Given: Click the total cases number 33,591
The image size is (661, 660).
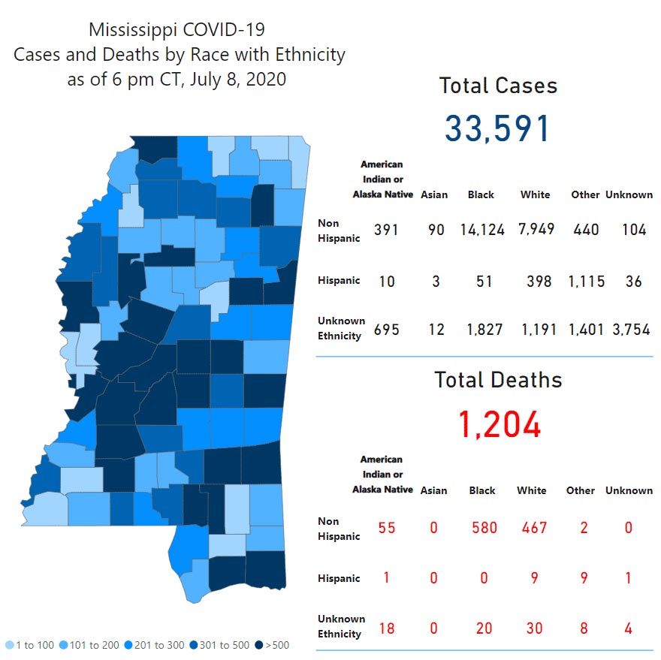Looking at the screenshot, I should pos(498,128).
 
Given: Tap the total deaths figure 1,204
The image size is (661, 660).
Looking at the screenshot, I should pos(499,425).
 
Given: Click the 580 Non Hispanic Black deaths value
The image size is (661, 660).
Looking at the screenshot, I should pos(483,527).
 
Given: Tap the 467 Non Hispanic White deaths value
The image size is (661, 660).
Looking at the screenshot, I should pos(533,527).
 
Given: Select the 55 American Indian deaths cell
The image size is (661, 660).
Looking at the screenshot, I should pos(386,527).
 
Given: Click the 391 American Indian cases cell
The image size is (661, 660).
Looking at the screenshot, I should pos(386,229).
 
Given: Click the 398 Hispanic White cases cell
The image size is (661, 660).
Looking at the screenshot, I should pos(539,281).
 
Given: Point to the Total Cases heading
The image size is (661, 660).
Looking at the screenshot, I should pos(499,86).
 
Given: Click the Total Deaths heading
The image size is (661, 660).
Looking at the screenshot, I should pos(499,380).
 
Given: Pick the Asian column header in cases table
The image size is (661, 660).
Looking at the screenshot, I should pos(434,194).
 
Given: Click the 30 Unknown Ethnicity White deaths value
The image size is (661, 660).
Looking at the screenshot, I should pos(534,628).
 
